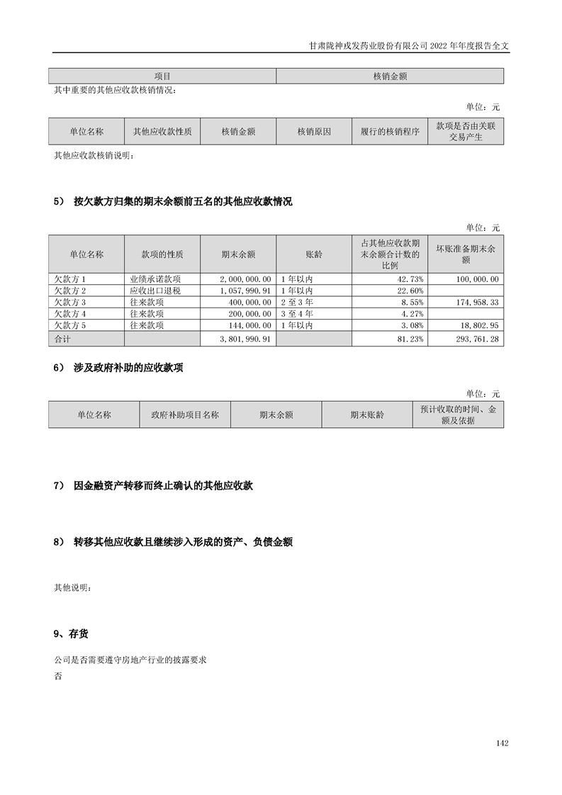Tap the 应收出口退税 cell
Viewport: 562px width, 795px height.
pyautogui.click(x=151, y=291)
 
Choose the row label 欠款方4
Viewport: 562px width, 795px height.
pyautogui.click(x=70, y=314)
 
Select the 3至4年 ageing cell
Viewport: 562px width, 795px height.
pyautogui.click(x=297, y=314)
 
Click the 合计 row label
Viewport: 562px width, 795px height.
pyautogui.click(x=63, y=339)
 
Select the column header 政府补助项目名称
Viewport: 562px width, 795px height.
pyautogui.click(x=185, y=415)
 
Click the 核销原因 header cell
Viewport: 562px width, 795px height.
pyautogui.click(x=314, y=132)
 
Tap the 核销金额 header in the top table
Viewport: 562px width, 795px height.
pyautogui.click(x=389, y=76)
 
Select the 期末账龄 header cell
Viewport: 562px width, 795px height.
pyautogui.click(x=366, y=415)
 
